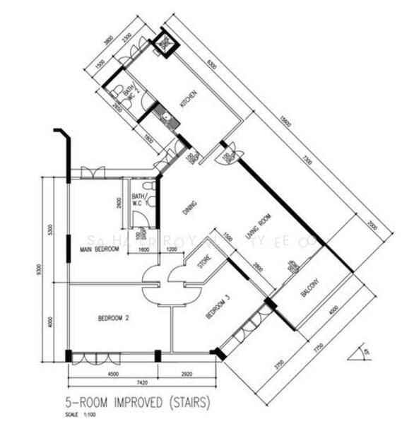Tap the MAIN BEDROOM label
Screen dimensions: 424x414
[98, 249]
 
